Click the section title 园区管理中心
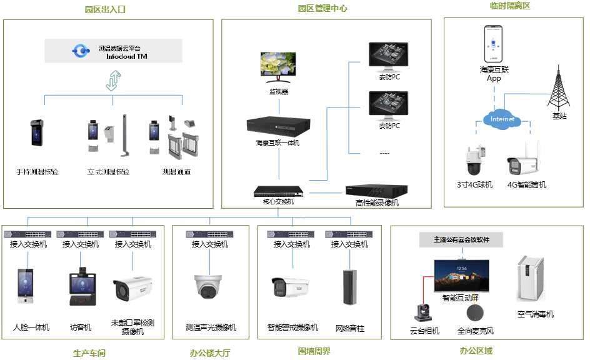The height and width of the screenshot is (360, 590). coord(322,9)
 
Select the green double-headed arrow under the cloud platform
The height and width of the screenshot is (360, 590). coord(112,81)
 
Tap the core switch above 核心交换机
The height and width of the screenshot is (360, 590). coord(279,191)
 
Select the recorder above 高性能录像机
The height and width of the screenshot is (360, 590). coord(377,192)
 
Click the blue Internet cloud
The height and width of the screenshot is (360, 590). coord(502,119)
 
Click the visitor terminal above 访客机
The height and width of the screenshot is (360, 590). coord(81,289)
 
